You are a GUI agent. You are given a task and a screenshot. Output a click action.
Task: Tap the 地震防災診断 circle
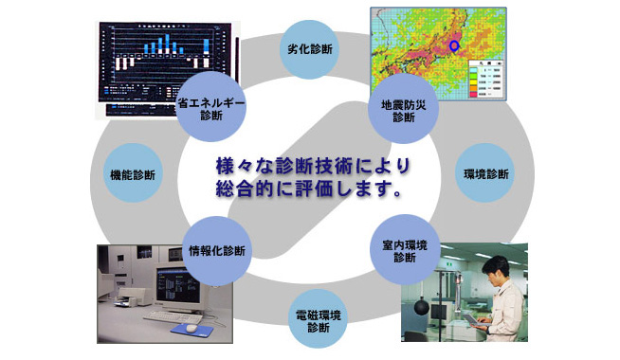tap(403, 110)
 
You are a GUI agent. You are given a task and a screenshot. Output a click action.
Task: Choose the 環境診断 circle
tap(485, 174)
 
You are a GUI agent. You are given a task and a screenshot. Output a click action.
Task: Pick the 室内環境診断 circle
tap(404, 251)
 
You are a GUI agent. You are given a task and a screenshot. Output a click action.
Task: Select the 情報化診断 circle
tap(216, 251)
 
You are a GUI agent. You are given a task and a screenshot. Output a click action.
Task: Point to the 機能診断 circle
tap(134, 175)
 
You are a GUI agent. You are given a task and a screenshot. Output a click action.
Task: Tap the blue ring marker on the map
tap(454, 44)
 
